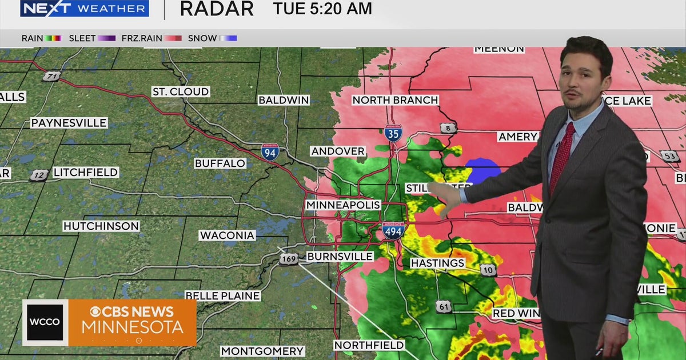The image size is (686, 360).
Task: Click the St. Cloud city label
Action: pos(181,91)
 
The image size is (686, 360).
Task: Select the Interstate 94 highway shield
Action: pos(270,152)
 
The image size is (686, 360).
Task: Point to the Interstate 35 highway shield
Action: pos(393,133)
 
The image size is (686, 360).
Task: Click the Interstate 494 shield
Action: pos(393,230)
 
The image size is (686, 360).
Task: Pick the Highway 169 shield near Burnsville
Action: pos(289,260)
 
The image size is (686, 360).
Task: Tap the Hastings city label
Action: pos(438,263)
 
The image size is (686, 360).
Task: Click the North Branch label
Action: pos(395,100)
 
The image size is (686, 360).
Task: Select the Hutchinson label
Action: pos(101,226)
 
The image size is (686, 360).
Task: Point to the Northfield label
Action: pos(369,345)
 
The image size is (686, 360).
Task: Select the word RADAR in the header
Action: pos(217,9)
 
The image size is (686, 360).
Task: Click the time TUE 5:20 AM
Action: pos(322,9)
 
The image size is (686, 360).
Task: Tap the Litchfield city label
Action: pos(86,172)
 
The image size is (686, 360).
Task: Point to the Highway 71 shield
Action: pos(51,77)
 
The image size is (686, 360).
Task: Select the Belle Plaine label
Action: pos(222,295)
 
